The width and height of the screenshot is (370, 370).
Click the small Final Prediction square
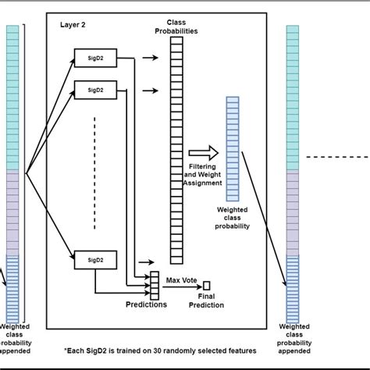(207, 285)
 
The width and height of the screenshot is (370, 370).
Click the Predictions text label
(145, 304)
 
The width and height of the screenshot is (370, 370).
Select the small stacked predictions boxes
(155, 286)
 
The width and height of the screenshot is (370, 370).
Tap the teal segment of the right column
(292, 97)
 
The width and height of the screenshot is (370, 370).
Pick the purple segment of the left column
(12, 211)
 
